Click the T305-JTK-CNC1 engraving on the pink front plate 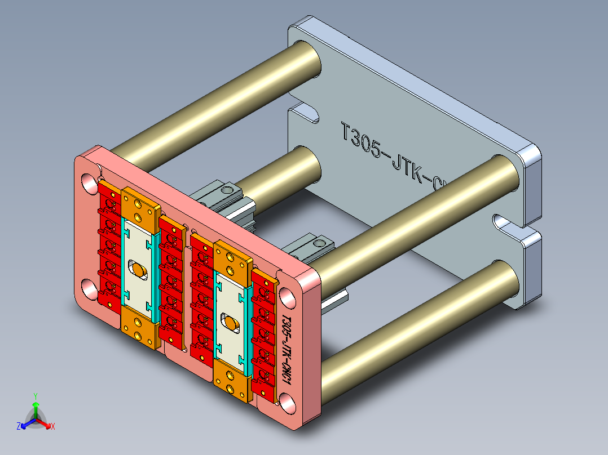286,349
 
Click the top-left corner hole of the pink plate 89,183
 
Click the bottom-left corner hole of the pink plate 89,289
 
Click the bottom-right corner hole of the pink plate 288,403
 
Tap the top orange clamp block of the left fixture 138,209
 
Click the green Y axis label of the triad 35,395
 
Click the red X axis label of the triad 52,426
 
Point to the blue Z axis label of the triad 19,426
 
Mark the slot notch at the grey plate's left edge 305,113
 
